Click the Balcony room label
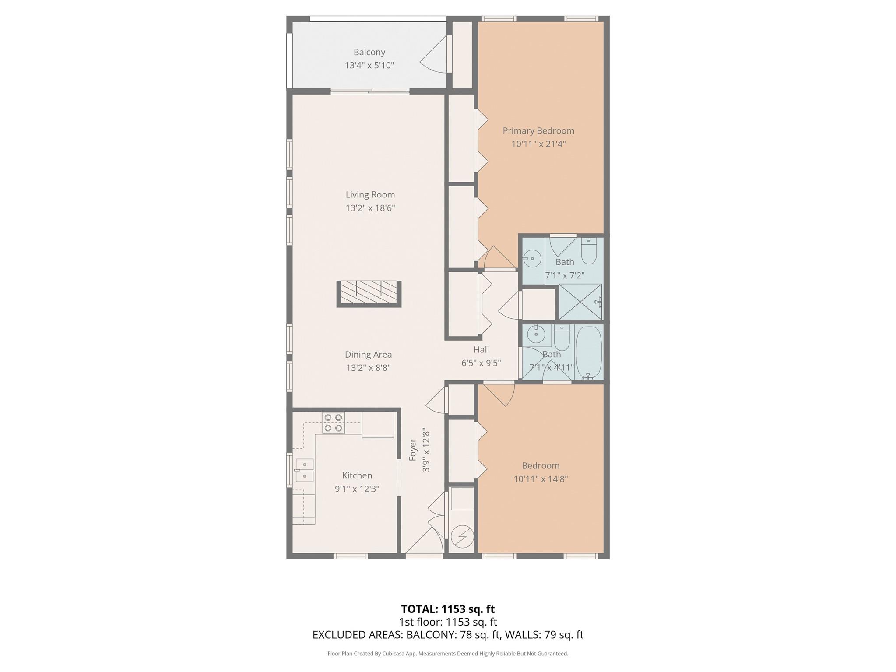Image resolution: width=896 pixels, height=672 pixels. point(369,52)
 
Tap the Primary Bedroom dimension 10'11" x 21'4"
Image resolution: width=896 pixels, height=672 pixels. point(538,144)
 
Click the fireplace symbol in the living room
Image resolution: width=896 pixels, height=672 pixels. point(369,293)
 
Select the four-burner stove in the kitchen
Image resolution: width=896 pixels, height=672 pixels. point(333,422)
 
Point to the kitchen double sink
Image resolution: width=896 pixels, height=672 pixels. point(304,470)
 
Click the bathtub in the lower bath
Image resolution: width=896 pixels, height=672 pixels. point(589,352)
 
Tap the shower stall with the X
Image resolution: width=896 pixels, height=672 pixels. point(580,301)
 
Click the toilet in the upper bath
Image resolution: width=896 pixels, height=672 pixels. point(589,251)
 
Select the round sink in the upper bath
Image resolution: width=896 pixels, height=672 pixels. point(532,258)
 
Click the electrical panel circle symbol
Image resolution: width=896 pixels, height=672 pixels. point(462,537)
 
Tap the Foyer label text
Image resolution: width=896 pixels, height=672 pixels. point(412,450)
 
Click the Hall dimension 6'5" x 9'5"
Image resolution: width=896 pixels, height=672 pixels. point(481,363)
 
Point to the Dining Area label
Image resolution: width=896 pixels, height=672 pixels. point(368,355)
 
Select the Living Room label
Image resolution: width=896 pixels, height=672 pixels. point(370,195)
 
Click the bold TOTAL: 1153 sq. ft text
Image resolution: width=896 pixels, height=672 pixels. point(448,609)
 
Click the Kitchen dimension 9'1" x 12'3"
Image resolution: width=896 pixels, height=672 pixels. point(357,489)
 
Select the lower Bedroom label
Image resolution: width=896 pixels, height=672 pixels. point(540,465)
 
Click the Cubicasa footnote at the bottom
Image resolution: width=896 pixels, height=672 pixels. point(448,654)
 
